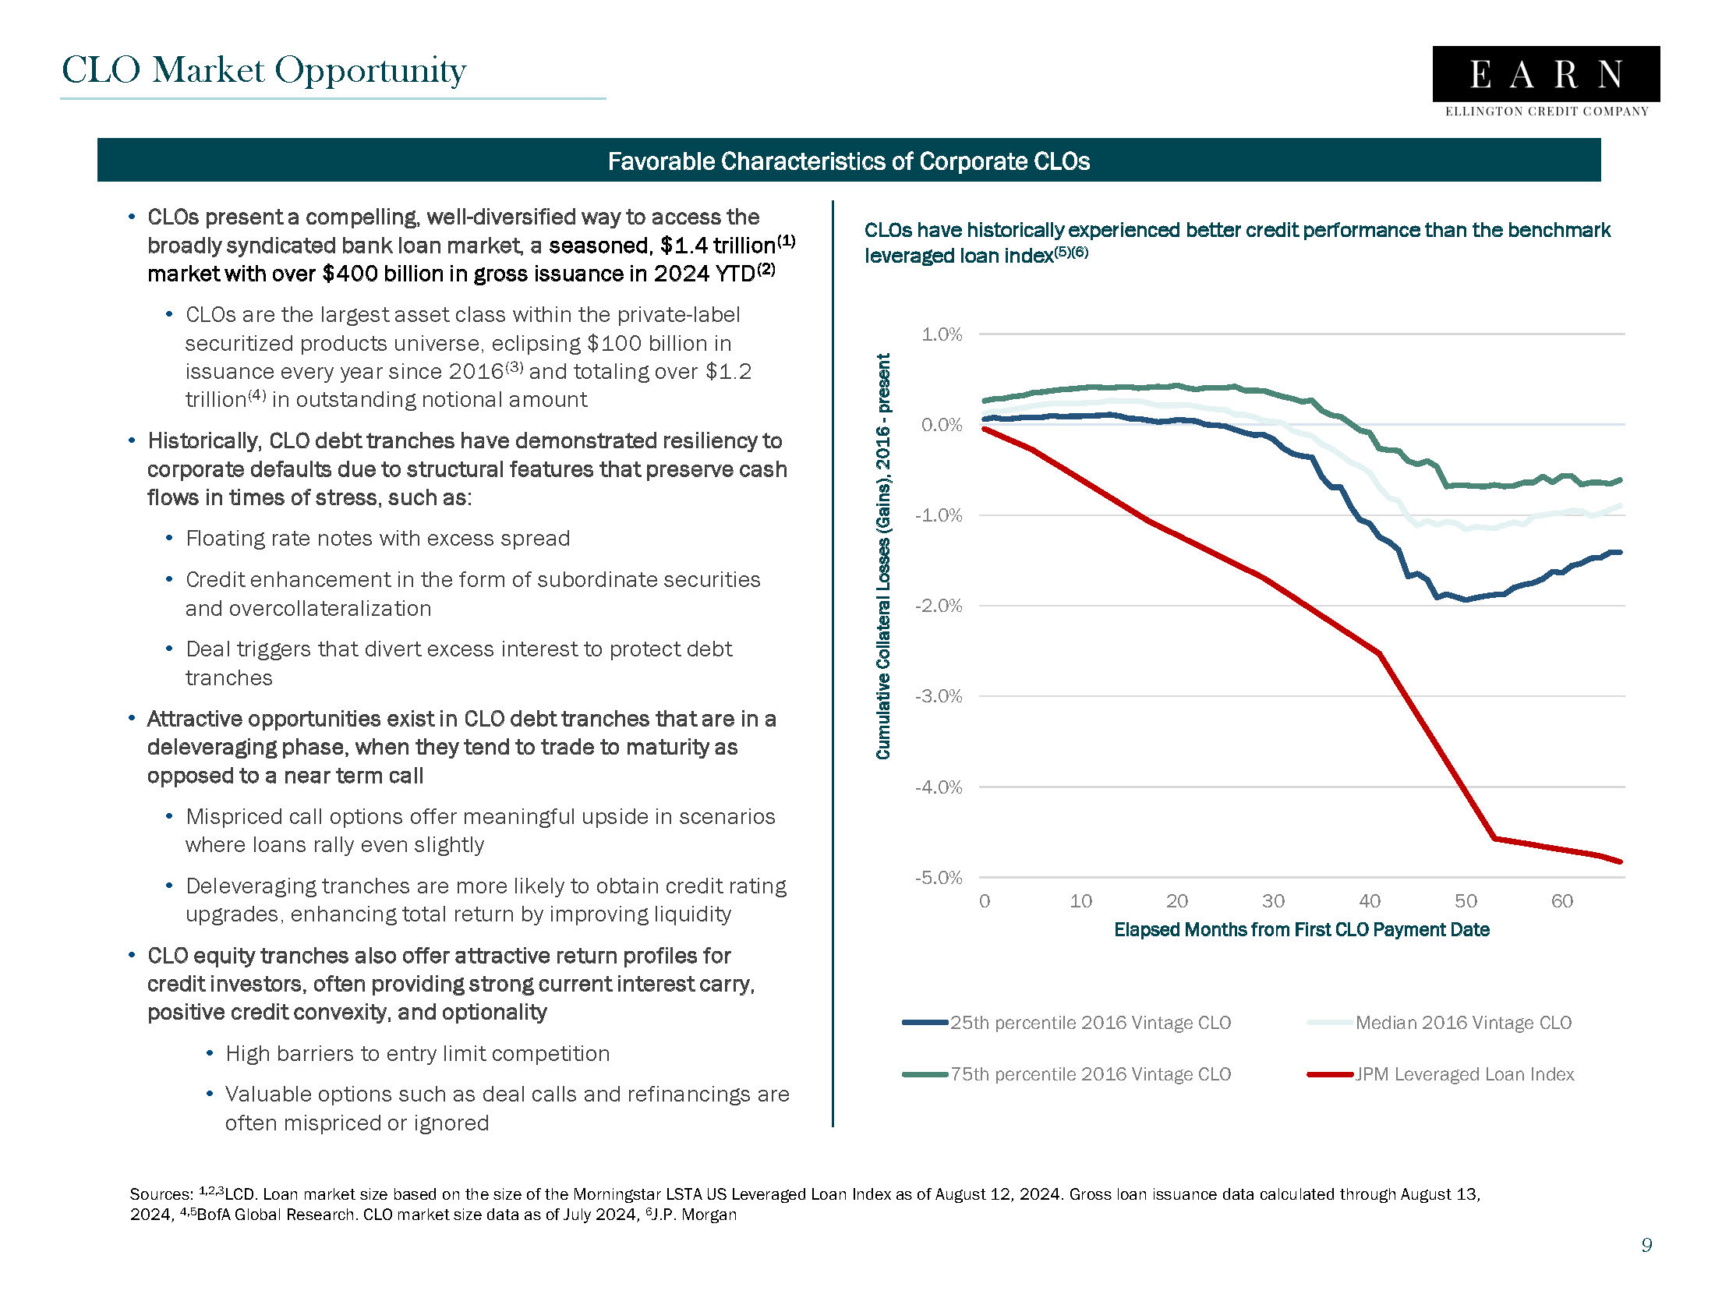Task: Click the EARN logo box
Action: point(1545,74)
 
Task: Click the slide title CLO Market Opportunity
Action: point(264,70)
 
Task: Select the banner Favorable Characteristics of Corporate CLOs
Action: point(848,161)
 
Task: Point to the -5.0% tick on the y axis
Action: point(938,878)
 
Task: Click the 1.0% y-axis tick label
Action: point(941,335)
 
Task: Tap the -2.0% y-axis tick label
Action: point(938,606)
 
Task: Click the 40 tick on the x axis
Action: point(1369,901)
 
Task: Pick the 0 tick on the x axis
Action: point(984,901)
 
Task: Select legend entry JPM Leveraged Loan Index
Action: point(1463,1074)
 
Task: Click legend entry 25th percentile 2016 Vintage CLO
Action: point(1090,1023)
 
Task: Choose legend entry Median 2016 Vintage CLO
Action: point(1462,1023)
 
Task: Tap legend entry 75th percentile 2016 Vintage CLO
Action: point(1090,1074)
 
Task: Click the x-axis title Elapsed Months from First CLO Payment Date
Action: point(1301,930)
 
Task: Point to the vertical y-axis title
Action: point(883,556)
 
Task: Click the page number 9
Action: point(1646,1245)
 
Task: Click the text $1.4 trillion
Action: point(717,246)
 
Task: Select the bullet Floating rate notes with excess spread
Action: point(377,539)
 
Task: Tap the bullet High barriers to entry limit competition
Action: point(417,1053)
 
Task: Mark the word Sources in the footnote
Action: point(160,1194)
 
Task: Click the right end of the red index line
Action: point(1621,861)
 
